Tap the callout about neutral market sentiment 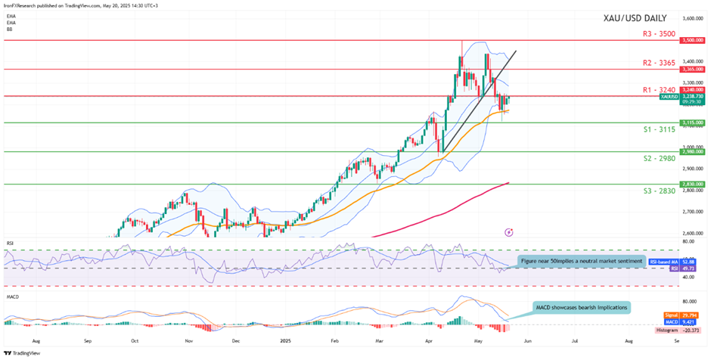581,261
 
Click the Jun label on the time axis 526,341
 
